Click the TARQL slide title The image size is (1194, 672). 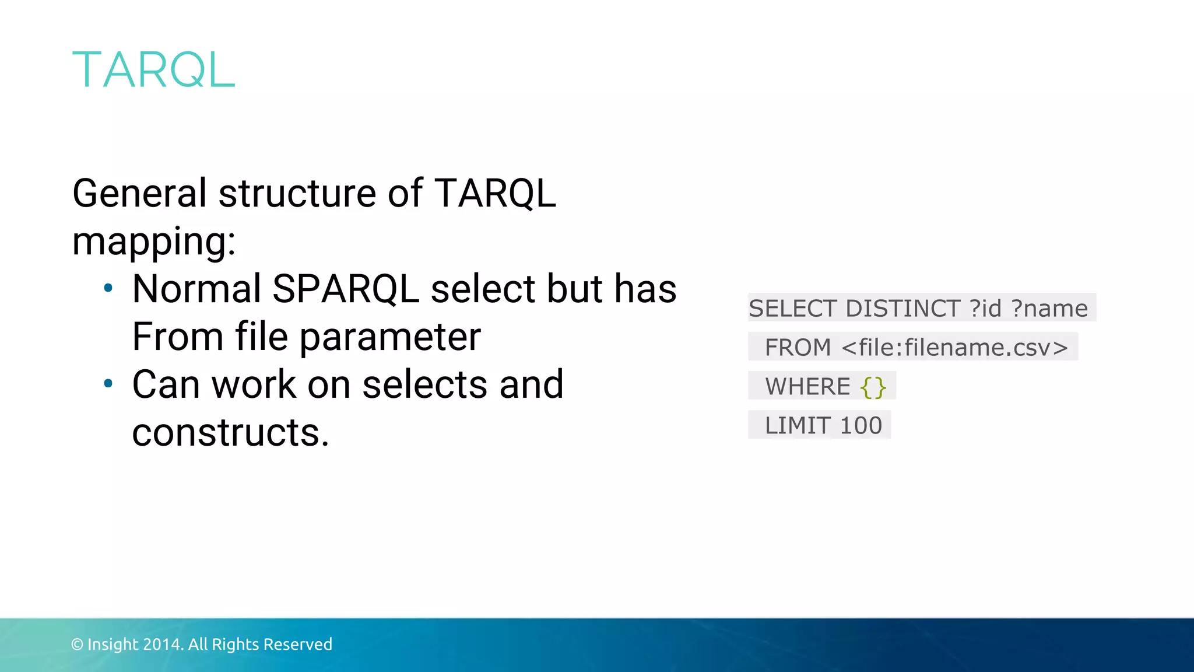pyautogui.click(x=153, y=70)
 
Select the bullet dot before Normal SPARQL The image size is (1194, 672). pyautogui.click(x=108, y=288)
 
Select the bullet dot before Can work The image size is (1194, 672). pyautogui.click(x=108, y=383)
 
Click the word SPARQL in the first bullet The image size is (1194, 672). pyautogui.click(x=345, y=289)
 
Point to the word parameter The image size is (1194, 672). pyautogui.click(x=390, y=337)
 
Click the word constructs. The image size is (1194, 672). pyautogui.click(x=230, y=432)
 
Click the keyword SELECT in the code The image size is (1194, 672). pyautogui.click(x=793, y=308)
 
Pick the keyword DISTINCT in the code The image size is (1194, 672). pyautogui.click(x=902, y=308)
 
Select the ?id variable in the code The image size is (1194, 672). pyautogui.click(x=985, y=308)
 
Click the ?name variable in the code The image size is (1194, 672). pyautogui.click(x=1049, y=308)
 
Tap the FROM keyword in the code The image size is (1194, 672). pyautogui.click(x=798, y=348)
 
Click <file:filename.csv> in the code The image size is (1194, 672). pyautogui.click(x=955, y=348)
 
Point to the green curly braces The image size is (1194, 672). pyautogui.click(x=873, y=387)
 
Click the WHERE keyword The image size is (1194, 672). pyautogui.click(x=807, y=387)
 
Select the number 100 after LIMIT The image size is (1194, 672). pyautogui.click(x=861, y=426)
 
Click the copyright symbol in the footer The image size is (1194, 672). pyautogui.click(x=77, y=645)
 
